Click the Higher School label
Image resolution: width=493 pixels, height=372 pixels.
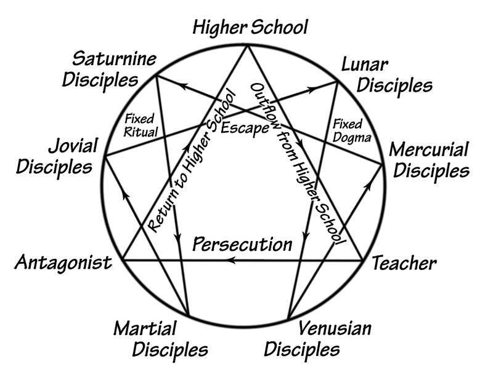[250, 27]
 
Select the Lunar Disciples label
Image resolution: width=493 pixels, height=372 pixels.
[386, 74]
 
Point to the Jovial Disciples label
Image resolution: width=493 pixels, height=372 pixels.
[55, 156]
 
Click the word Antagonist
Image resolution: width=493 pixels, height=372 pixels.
[63, 263]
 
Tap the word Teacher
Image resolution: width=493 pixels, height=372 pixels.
[404, 263]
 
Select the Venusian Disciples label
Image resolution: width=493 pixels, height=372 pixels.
[318, 339]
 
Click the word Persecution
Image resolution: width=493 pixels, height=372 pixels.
[242, 244]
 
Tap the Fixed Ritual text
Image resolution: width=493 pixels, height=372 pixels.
[141, 125]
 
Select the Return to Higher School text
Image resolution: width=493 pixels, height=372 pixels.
[192, 161]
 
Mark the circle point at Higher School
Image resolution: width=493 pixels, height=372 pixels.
[248, 44]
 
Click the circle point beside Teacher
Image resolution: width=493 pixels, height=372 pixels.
[362, 260]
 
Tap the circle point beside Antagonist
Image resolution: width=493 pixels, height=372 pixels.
[124, 260]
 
